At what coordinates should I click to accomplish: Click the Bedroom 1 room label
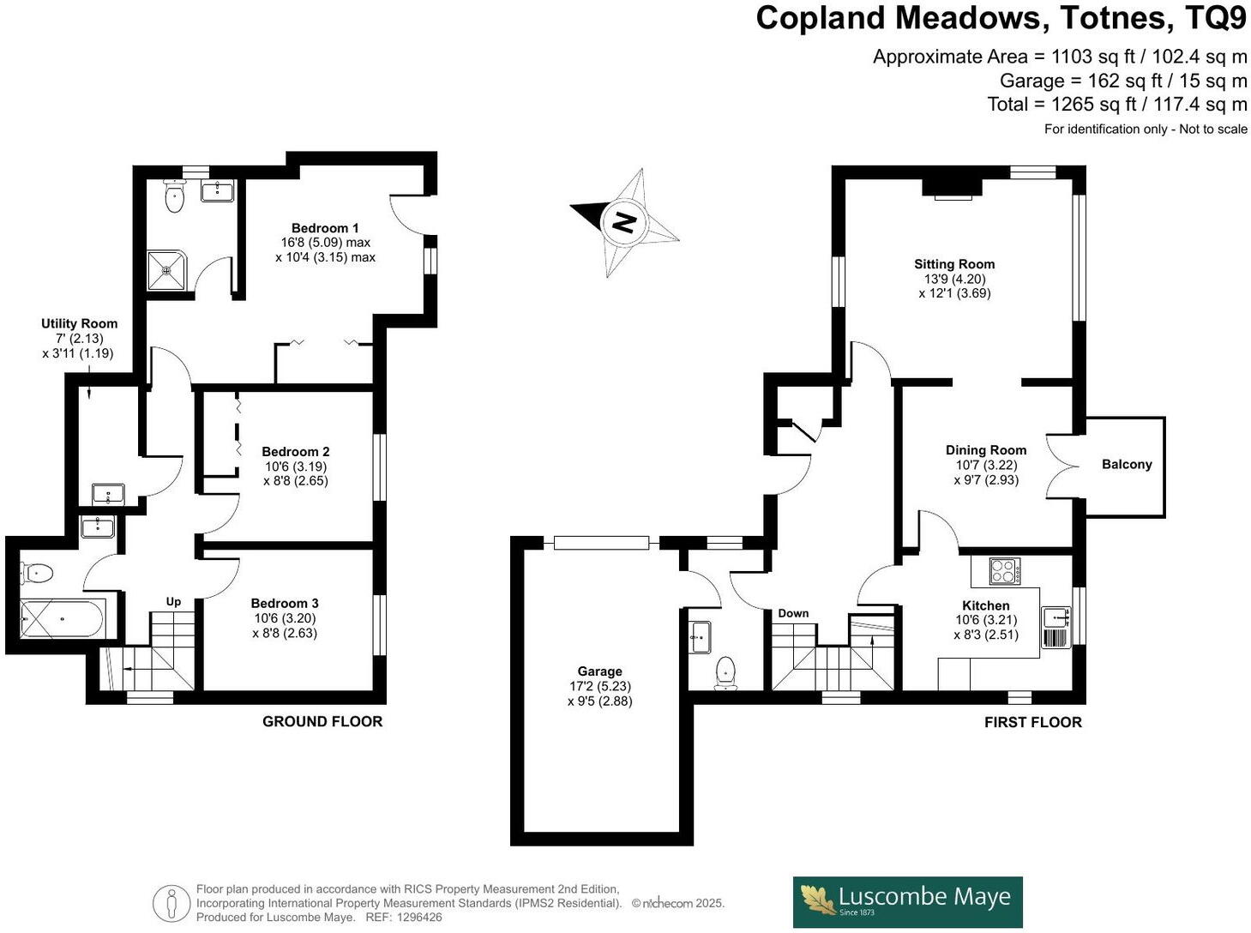325,228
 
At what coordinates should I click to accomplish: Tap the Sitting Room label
953,264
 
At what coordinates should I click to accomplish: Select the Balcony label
1126,464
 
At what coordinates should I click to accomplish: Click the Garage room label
599,671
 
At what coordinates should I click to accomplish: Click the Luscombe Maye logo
907,901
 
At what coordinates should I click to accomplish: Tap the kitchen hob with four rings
1004,571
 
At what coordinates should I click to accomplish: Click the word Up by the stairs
173,601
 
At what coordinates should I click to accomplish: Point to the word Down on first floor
793,613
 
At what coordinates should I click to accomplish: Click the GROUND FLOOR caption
322,721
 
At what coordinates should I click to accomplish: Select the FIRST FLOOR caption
1032,722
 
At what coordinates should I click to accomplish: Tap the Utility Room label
79,323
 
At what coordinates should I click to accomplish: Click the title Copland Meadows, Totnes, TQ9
1000,18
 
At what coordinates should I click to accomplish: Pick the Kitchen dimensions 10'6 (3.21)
986,620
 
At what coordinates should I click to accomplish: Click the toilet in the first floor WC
725,672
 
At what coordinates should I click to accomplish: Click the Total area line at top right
1116,105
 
